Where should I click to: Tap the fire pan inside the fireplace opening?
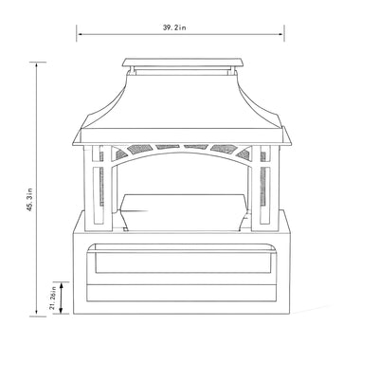(x=180, y=204)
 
